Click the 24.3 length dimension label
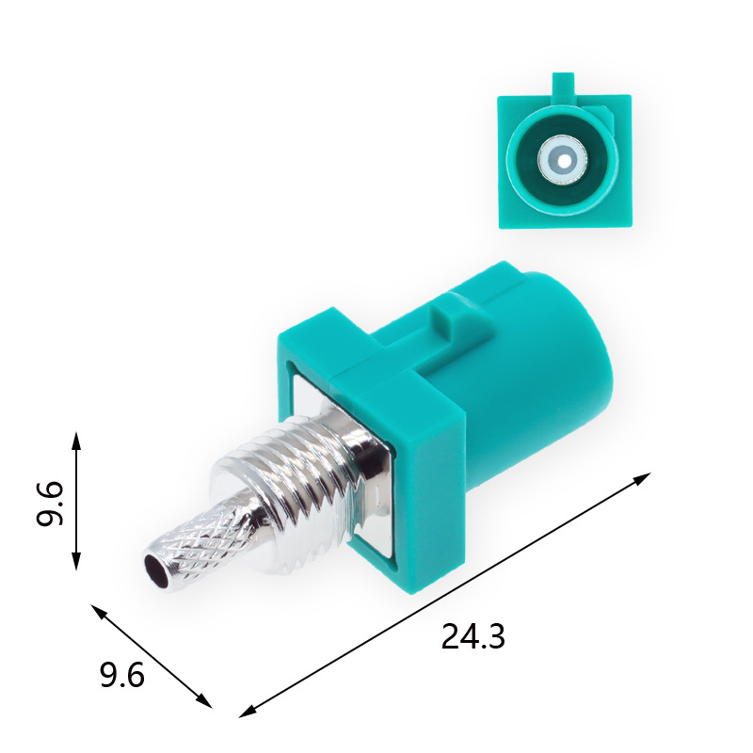473,636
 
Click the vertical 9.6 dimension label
50,503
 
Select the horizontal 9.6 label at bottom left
122,675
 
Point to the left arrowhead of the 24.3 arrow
248,712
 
